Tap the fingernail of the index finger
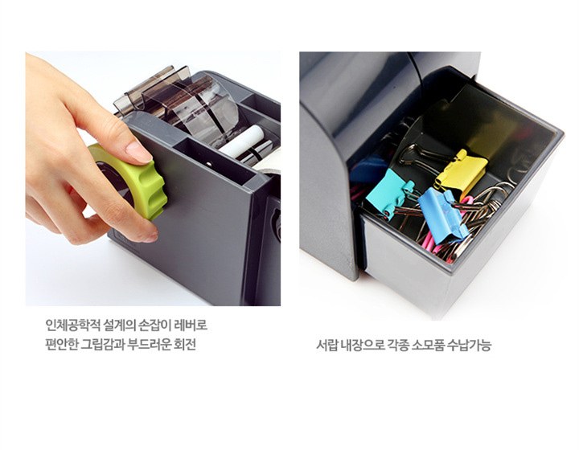(x=138, y=152)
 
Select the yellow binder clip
(x=461, y=170)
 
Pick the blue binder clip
(x=442, y=216)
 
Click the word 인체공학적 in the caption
(x=72, y=325)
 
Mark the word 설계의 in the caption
(x=119, y=325)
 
